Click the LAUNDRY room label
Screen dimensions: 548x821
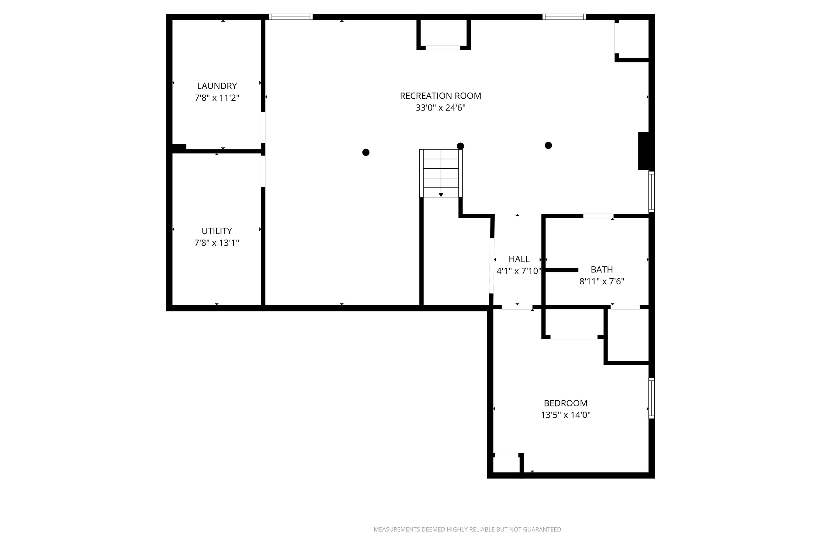click(x=217, y=86)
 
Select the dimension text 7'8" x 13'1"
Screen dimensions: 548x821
click(x=217, y=243)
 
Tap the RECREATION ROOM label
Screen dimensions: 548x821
click(x=440, y=96)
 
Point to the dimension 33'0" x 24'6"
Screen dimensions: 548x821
click(x=440, y=108)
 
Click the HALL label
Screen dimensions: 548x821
click(x=519, y=259)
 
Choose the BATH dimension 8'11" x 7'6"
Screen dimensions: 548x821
click(x=601, y=281)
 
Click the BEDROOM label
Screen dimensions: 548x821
click(x=565, y=403)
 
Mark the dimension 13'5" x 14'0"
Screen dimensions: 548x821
click(x=565, y=415)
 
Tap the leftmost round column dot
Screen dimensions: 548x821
click(x=365, y=153)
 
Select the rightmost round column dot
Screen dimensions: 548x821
click(x=548, y=146)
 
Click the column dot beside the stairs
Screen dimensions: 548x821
click(x=460, y=146)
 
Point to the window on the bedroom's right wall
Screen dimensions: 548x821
click(x=651, y=398)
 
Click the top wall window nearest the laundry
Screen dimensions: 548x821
click(x=290, y=17)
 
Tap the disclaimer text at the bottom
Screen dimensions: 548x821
click(x=468, y=529)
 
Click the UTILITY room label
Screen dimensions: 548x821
click(x=217, y=231)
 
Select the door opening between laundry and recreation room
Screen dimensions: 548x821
click(x=263, y=127)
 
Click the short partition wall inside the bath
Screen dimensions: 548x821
click(x=562, y=270)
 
